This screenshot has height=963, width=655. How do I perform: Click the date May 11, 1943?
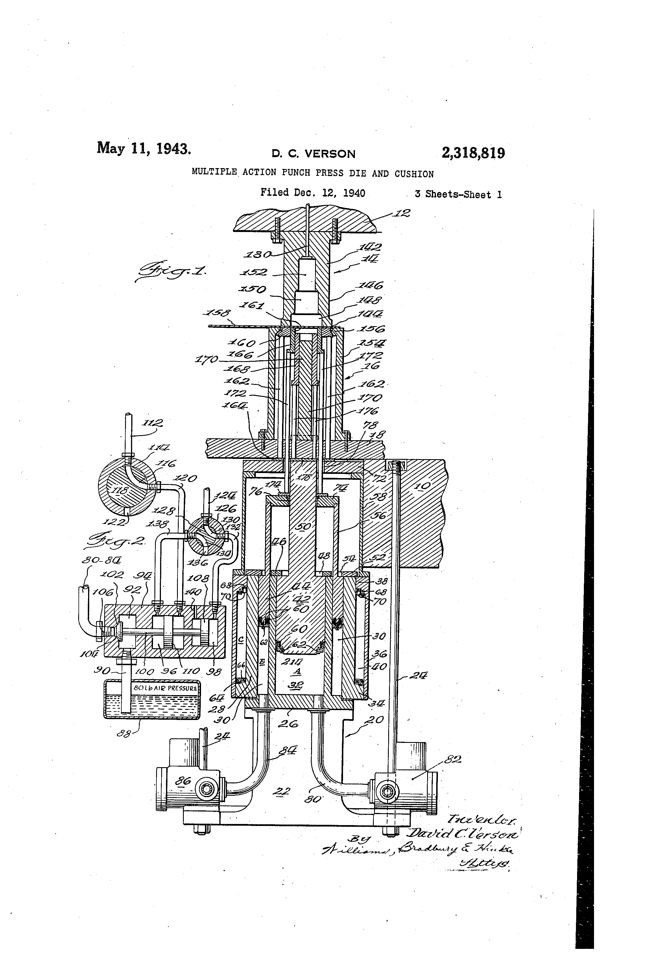144,148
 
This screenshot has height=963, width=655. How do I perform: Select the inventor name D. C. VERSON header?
313,154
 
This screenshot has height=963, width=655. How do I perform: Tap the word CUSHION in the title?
414,174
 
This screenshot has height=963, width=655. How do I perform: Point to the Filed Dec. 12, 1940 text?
313,193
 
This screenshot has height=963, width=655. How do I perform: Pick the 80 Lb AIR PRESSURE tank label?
165,688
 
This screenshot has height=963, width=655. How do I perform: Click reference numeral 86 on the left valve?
182,781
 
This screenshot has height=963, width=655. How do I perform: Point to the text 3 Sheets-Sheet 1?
458,194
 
